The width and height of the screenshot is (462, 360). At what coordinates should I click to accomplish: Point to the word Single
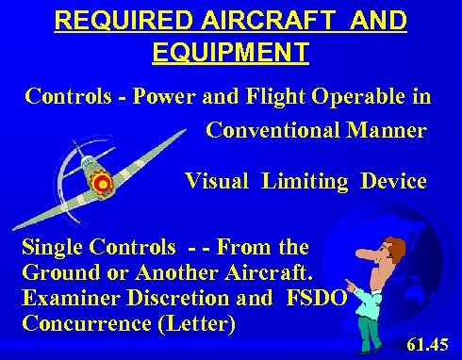52,248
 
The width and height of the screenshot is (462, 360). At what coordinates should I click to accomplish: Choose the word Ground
55,274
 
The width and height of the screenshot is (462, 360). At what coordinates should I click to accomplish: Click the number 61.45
431,342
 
